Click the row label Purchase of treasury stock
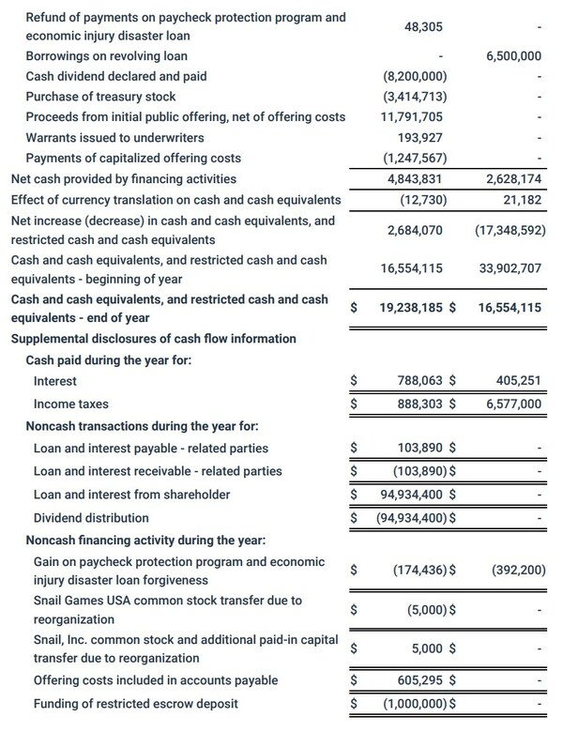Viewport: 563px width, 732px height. (x=100, y=97)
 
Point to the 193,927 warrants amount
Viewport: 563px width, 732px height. (x=418, y=138)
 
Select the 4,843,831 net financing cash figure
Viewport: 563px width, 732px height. (x=413, y=179)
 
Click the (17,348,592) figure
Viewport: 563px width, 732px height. (x=504, y=230)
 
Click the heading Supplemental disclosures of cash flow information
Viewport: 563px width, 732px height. (x=153, y=338)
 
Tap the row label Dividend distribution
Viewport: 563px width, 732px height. (x=91, y=518)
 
